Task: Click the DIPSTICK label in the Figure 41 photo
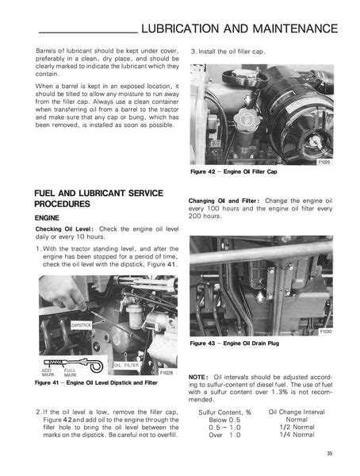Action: pos(82,324)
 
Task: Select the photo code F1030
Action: pos(325,331)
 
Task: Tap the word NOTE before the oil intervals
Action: pos(197,377)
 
